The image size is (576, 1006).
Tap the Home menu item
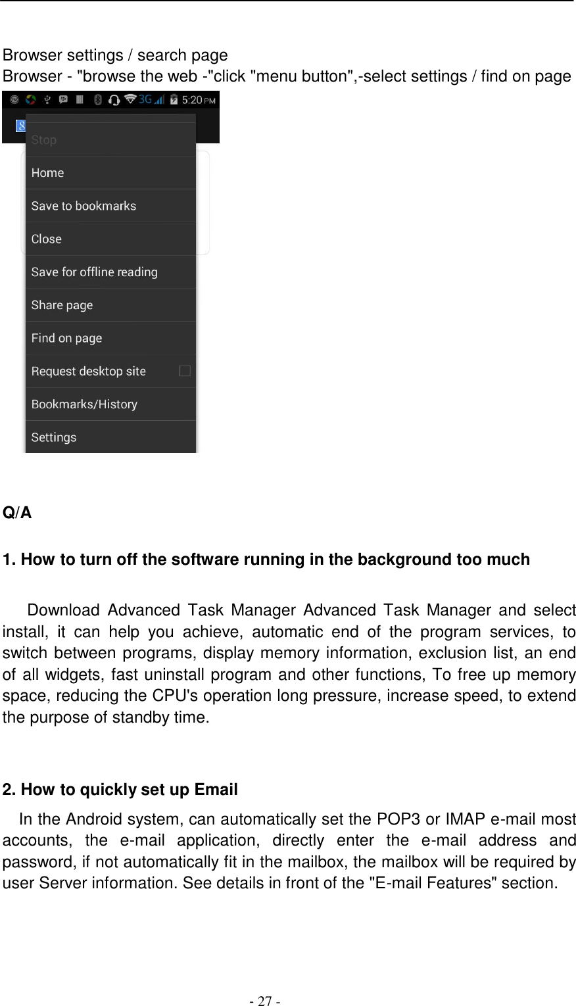(47, 173)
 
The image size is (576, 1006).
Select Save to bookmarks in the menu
(84, 206)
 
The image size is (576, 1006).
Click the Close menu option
(46, 239)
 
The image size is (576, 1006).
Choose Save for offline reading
(94, 272)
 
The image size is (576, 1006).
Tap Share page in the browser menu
(62, 305)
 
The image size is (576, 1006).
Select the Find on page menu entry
(66, 338)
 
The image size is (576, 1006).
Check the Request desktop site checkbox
(185, 371)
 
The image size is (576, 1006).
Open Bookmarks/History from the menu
(84, 404)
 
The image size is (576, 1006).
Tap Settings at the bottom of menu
(54, 437)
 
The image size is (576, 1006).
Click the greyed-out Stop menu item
(43, 140)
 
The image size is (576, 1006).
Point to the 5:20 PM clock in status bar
(198, 100)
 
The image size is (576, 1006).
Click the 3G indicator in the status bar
(145, 99)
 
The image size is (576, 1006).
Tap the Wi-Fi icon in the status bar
(130, 99)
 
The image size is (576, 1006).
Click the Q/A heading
(17, 513)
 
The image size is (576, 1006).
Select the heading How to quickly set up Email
(120, 790)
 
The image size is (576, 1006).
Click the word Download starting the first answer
(63, 611)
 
